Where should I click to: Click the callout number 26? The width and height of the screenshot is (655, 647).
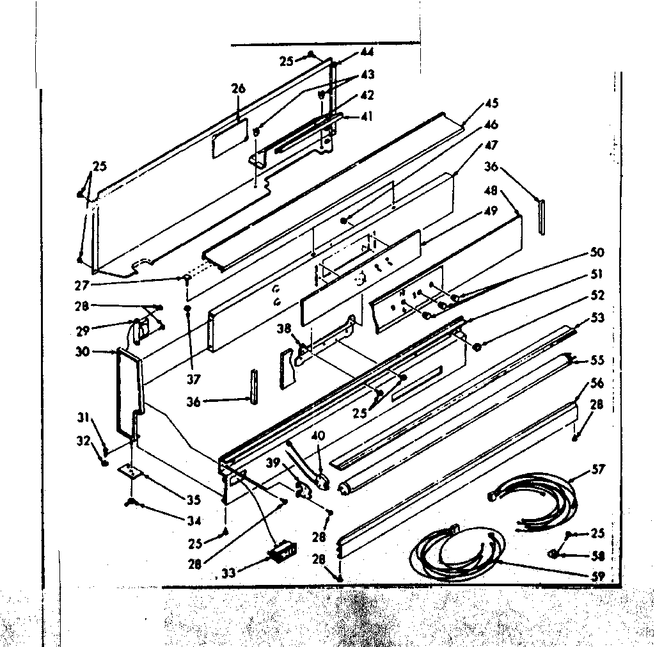coord(238,89)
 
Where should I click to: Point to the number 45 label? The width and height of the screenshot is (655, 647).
coord(492,102)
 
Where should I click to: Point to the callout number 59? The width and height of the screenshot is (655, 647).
coord(598,575)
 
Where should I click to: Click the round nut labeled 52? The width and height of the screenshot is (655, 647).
coord(477,346)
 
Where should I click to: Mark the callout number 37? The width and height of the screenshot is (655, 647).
coord(193,379)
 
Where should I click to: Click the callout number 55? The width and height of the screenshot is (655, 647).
coord(597,360)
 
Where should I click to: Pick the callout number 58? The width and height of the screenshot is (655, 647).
coord(598,555)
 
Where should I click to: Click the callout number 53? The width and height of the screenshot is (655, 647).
coord(597,317)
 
